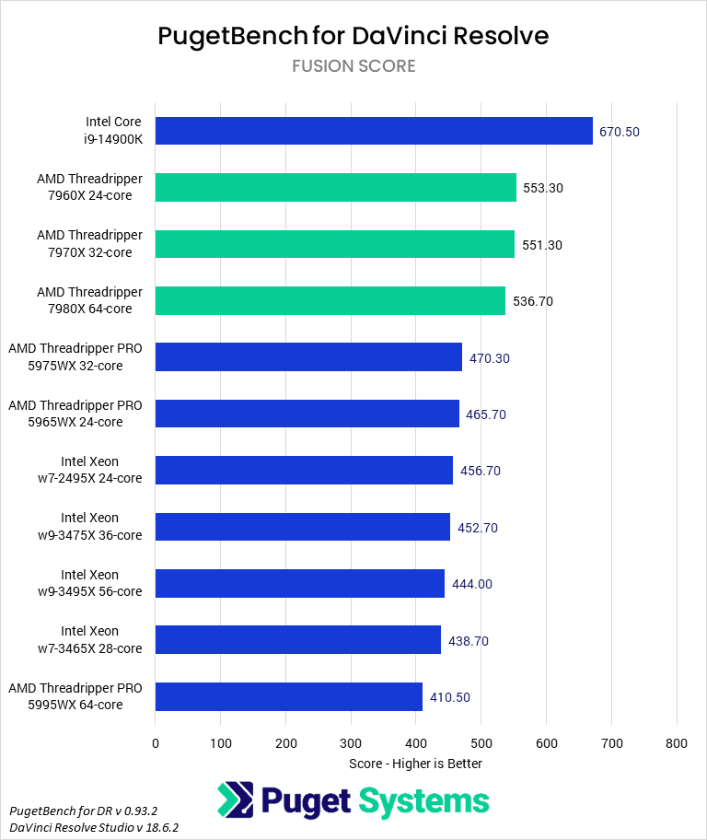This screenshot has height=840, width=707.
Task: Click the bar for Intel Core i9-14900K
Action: (374, 131)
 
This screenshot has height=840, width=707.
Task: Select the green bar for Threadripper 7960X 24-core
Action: (336, 187)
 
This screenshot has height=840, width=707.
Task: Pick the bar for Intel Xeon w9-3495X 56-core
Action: (300, 583)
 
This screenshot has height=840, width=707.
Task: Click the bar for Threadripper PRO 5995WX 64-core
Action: (289, 696)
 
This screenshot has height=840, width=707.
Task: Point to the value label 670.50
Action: (620, 132)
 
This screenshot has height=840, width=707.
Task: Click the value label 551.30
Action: (542, 245)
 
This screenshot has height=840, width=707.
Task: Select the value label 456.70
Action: (481, 471)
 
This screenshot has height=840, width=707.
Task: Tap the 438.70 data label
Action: (469, 640)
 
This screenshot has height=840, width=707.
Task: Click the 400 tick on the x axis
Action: (416, 742)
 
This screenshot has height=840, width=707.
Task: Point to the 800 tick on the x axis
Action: (677, 742)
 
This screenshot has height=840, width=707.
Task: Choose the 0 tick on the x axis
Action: (156, 742)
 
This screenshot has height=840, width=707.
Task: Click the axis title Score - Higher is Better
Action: (415, 764)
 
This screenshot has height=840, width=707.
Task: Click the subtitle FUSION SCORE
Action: (353, 66)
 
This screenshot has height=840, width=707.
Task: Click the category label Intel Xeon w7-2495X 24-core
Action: (101, 470)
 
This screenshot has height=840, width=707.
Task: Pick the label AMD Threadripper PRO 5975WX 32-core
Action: (75, 357)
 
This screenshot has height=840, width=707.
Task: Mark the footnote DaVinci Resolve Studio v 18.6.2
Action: (94, 827)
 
